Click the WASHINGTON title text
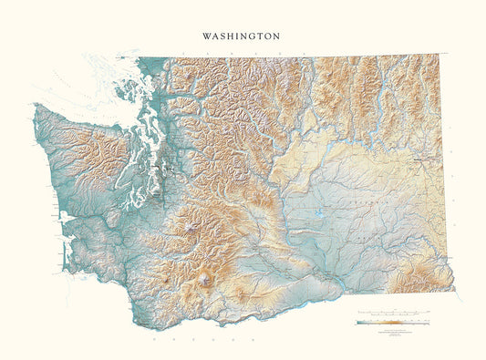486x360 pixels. [243, 36]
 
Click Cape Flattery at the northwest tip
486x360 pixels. [35, 105]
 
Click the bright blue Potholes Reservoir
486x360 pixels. [316, 215]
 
